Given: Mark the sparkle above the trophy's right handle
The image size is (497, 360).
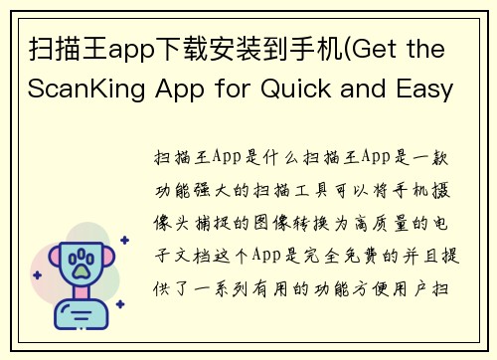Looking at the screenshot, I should coord(123,241).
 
